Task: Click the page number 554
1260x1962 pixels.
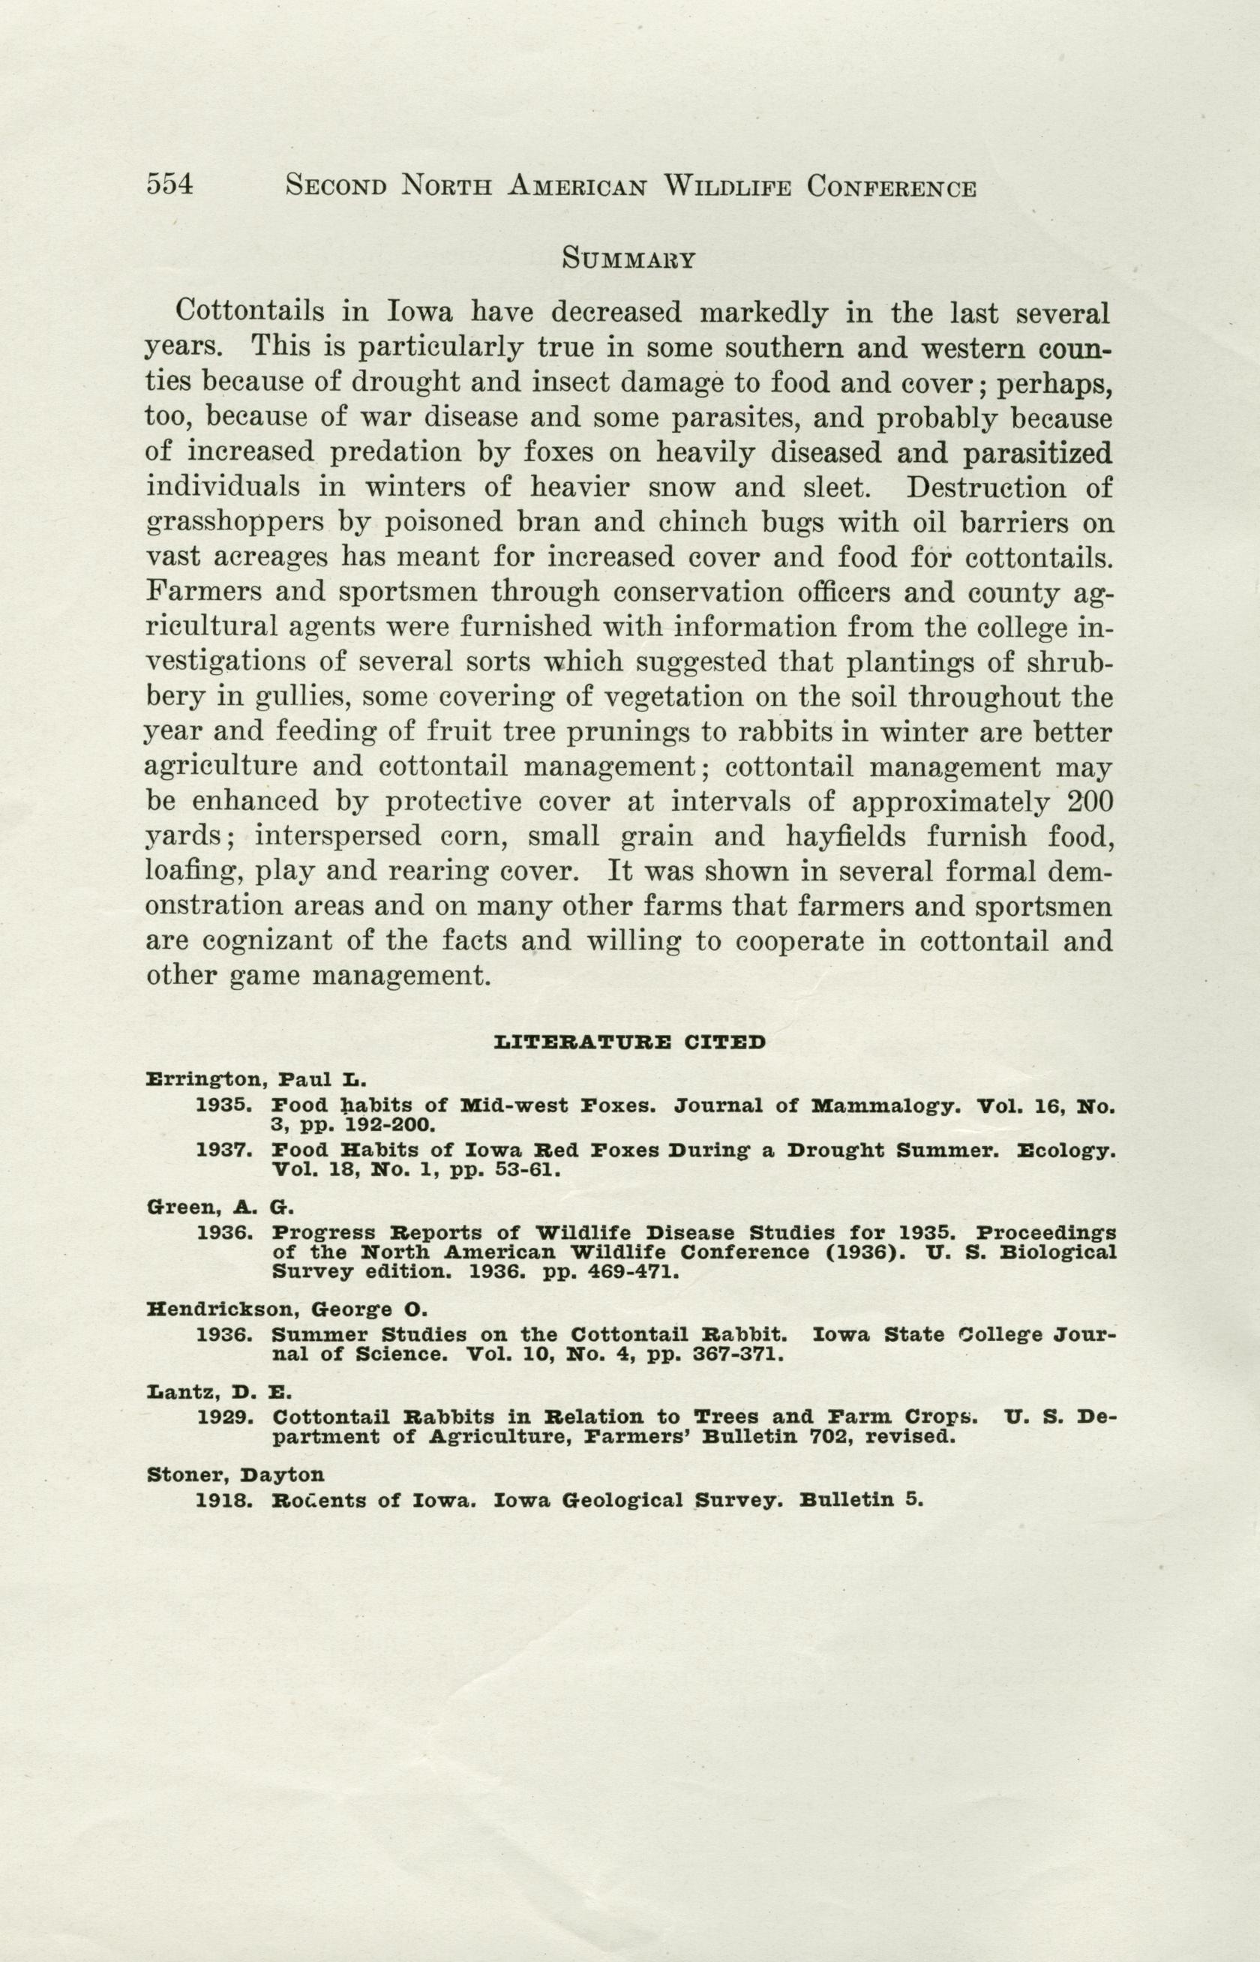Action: [x=169, y=185]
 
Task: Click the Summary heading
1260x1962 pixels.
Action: [x=628, y=260]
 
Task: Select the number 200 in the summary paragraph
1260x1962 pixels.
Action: [x=1090, y=802]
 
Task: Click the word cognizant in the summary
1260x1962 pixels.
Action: [x=267, y=942]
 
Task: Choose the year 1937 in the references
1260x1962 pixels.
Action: [x=223, y=1150]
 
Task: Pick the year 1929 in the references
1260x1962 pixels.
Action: [x=223, y=1417]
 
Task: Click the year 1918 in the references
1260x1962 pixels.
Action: [x=223, y=1501]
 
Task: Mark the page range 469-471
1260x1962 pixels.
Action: [x=628, y=1273]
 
